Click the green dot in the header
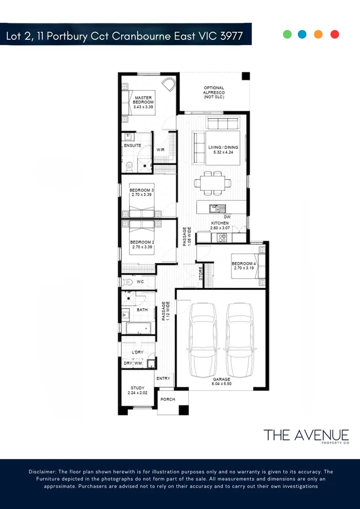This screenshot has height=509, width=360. point(287,34)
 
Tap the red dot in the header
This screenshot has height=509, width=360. point(335,34)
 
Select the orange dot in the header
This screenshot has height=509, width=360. point(319,34)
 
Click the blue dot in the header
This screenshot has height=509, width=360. point(302,34)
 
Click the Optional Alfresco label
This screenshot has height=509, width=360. point(214,92)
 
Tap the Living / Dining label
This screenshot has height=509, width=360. point(223,150)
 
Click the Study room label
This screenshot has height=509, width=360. point(138,391)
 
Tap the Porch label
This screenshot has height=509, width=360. point(167,399)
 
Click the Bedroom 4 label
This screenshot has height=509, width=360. point(244,265)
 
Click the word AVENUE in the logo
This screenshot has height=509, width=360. point(320,435)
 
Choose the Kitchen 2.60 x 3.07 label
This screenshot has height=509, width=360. point(220,226)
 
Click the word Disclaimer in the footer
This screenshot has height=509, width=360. point(43,472)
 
